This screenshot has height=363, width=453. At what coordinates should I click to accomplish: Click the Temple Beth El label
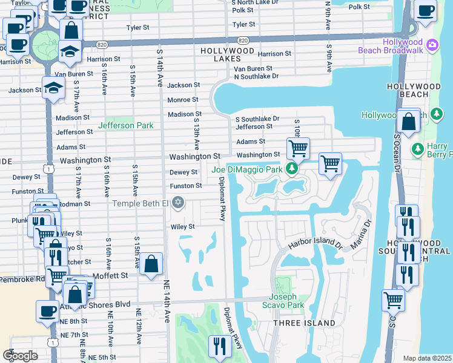coord(140,203)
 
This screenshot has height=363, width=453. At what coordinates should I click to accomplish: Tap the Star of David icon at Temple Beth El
coord(178,203)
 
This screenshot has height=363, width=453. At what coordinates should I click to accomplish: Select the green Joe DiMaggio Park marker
coord(293,168)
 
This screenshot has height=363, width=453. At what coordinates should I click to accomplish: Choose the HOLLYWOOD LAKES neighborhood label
coord(228,54)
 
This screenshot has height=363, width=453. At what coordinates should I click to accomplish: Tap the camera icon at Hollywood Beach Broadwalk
coord(432,45)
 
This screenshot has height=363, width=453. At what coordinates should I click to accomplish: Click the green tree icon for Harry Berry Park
coord(417,148)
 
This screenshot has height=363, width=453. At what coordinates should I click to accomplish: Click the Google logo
coord(20,355)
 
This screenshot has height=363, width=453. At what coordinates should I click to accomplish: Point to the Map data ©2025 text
coord(427,358)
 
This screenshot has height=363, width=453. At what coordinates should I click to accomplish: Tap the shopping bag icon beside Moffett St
coord(151,264)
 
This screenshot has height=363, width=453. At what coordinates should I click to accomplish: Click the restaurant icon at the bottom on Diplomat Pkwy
coord(218,346)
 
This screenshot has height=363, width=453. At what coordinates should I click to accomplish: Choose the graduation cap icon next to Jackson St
coord(53,87)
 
